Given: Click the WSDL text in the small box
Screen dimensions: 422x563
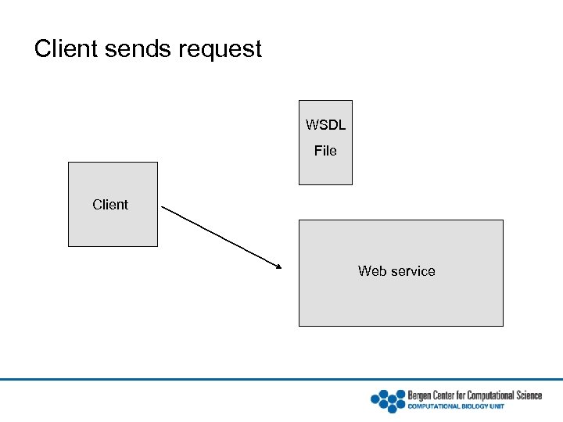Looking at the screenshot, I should (325, 125).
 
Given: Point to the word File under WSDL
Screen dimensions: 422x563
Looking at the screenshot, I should (325, 151).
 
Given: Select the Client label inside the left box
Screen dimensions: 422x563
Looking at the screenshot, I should (110, 205).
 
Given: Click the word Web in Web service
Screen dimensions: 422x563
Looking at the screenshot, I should (373, 271).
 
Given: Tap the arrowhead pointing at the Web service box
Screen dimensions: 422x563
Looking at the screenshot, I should (278, 267).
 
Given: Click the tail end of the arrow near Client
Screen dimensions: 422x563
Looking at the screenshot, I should (163, 207).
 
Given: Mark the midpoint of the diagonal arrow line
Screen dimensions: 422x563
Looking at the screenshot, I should (222, 238).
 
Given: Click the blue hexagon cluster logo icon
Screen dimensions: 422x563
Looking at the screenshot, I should (388, 400).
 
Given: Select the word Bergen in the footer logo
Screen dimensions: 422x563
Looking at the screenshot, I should (420, 395).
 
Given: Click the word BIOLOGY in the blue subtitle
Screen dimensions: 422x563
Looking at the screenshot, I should (471, 406).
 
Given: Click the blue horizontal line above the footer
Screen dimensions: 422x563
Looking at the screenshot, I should (281, 380).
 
